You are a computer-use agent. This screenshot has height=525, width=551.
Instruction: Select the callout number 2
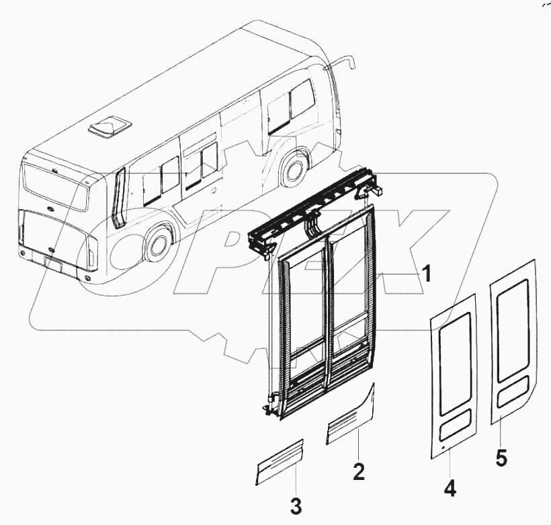pyautogui.click(x=359, y=471)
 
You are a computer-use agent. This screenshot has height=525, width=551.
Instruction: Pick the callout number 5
pyautogui.click(x=501, y=457)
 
